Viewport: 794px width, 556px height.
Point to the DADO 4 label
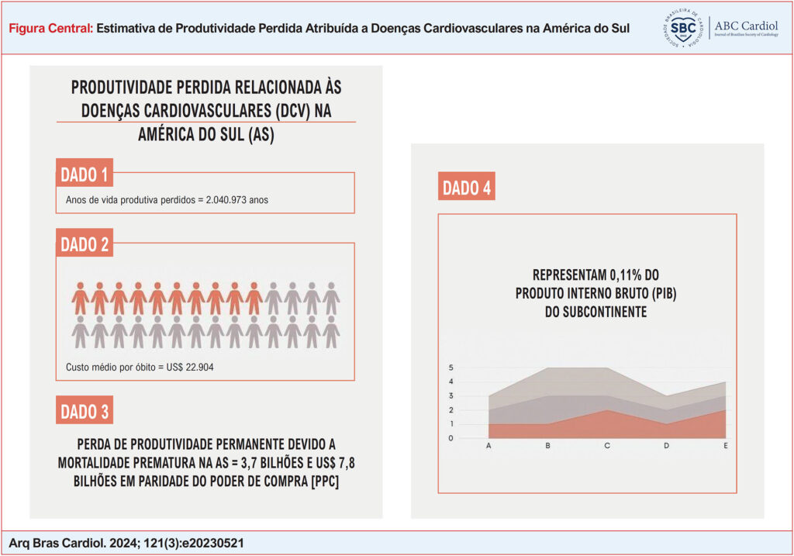coord(467,188)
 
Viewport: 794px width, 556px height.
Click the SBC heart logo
coord(683,29)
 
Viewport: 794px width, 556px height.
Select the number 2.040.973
coord(226,199)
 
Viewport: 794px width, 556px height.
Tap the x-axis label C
coord(607,446)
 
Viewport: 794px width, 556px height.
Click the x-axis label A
coord(488,446)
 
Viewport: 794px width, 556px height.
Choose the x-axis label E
coord(726,446)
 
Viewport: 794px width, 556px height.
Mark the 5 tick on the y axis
coord(451,368)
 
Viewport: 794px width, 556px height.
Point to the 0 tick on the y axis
coord(451,438)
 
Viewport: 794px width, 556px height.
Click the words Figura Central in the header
coord(51,28)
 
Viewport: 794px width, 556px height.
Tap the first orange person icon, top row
coord(80,298)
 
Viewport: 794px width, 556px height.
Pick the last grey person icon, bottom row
coord(331,331)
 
